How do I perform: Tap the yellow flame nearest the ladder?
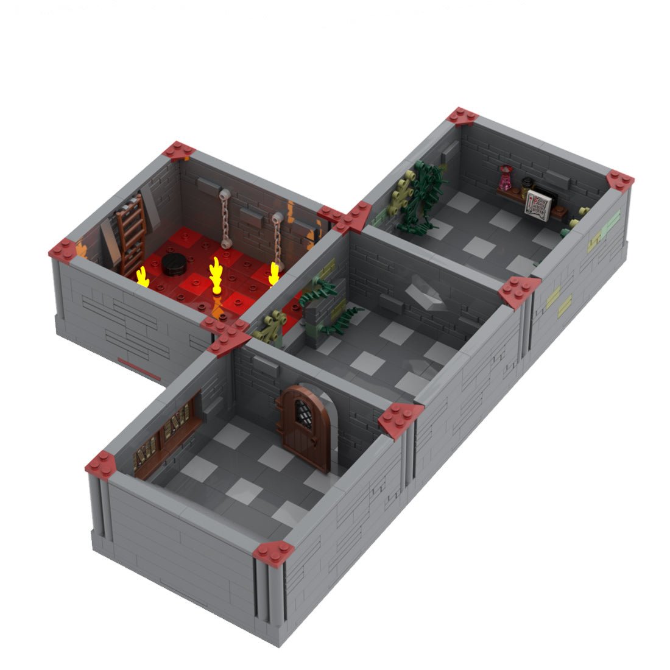(x=143, y=276)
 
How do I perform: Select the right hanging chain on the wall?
(x=277, y=238)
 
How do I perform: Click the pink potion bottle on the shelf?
(x=505, y=179)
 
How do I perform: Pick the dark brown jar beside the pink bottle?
(x=524, y=184)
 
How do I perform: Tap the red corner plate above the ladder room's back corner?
(x=180, y=150)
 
